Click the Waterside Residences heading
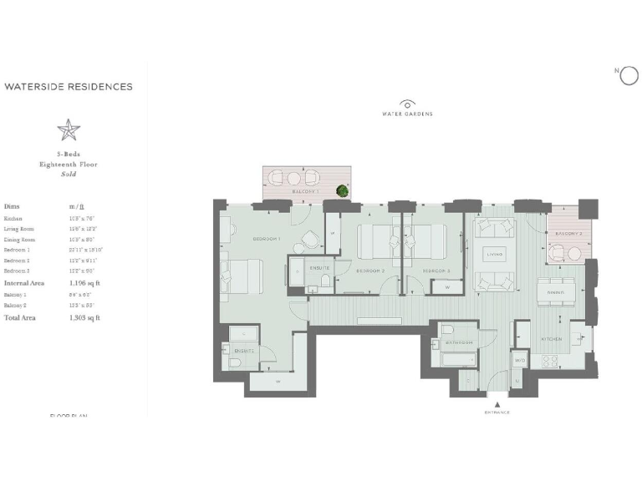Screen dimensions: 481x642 [x=69, y=86]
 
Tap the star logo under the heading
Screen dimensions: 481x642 [x=69, y=129]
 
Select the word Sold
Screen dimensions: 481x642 [x=69, y=174]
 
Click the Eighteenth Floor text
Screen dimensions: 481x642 [x=69, y=165]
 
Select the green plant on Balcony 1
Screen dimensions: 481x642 [x=342, y=191]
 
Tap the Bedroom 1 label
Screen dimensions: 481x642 [x=266, y=240]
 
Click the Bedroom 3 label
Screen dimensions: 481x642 [x=436, y=271]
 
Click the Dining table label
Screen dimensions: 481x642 [x=556, y=292]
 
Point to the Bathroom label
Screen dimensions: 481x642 [x=460, y=343]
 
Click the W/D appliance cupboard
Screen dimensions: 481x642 [x=519, y=361]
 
